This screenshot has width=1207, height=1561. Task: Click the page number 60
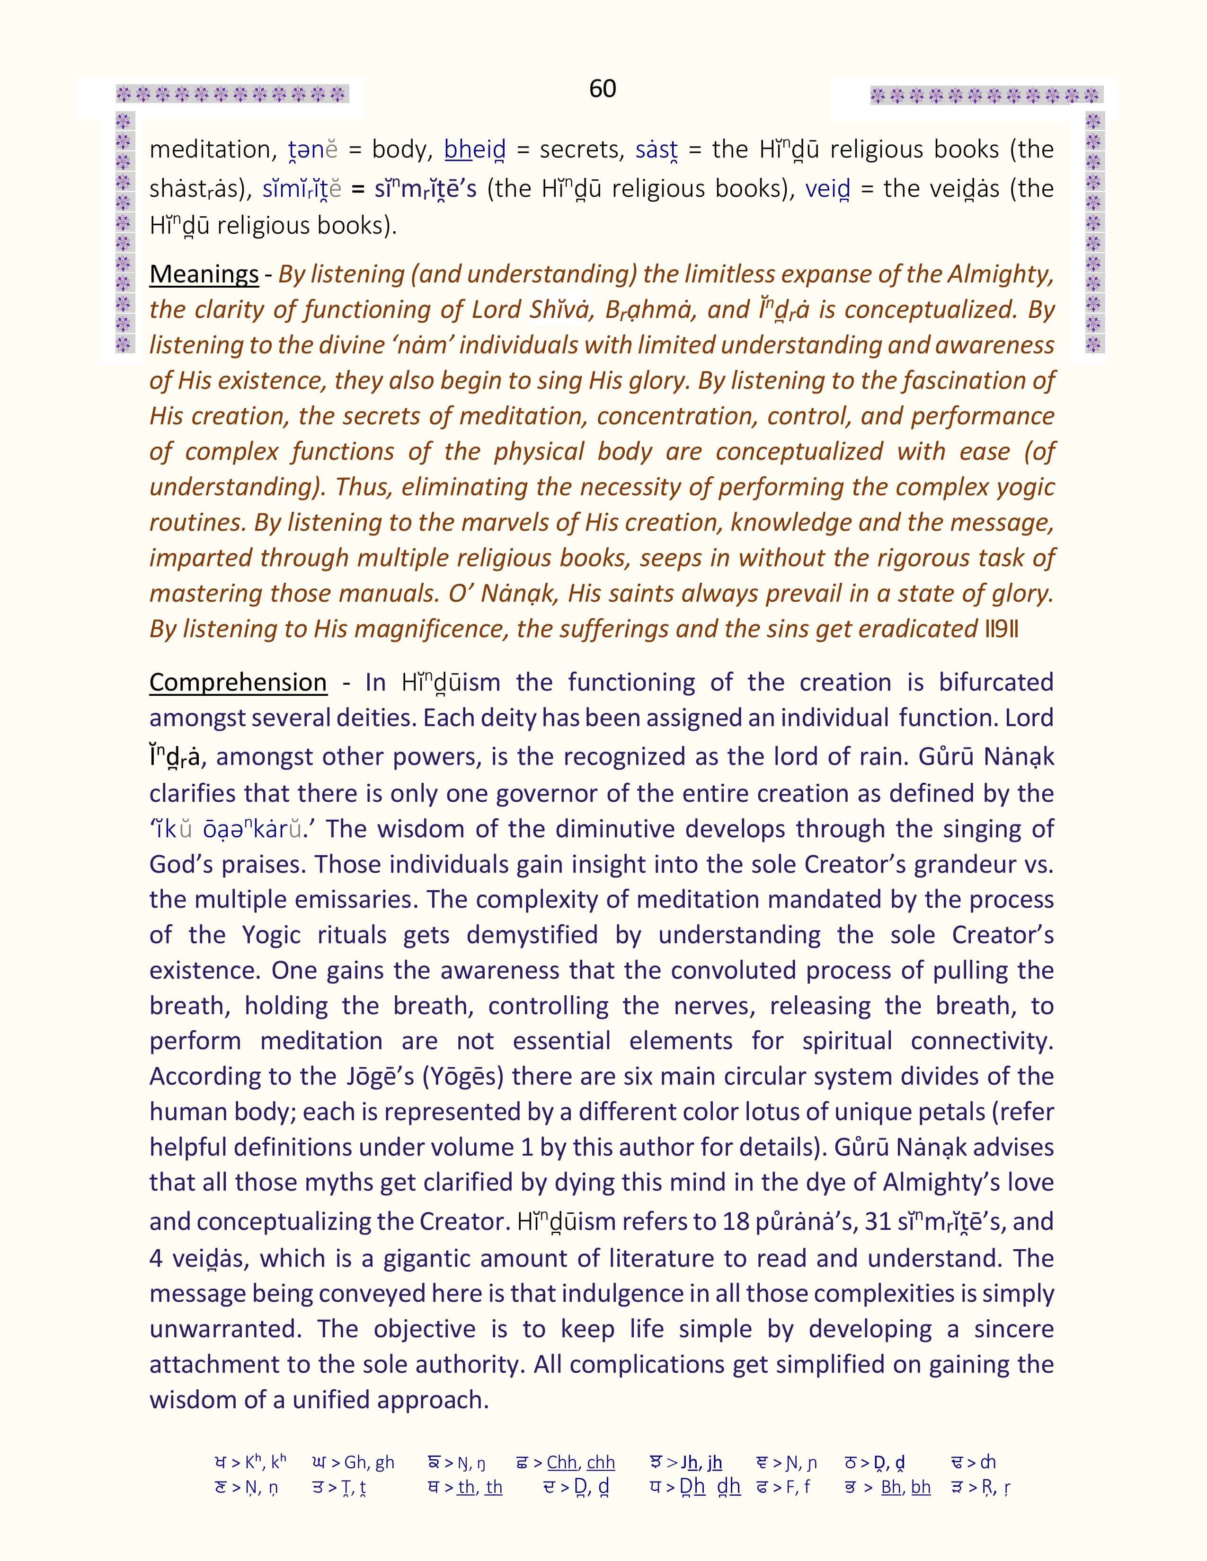coord(602,88)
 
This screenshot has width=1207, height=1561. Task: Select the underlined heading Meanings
coord(204,274)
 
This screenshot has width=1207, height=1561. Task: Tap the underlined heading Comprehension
coord(238,683)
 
